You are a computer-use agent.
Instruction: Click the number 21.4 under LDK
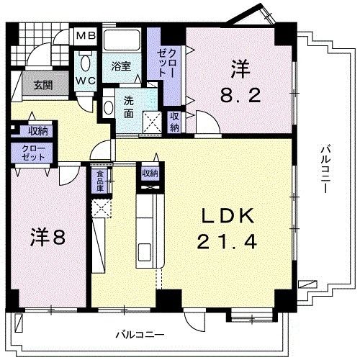click(x=228, y=242)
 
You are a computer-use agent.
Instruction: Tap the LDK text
click(x=228, y=217)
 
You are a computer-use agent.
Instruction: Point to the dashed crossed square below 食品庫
click(x=101, y=210)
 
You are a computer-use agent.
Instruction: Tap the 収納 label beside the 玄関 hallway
click(x=38, y=130)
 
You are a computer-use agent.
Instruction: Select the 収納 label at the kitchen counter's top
click(x=150, y=173)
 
